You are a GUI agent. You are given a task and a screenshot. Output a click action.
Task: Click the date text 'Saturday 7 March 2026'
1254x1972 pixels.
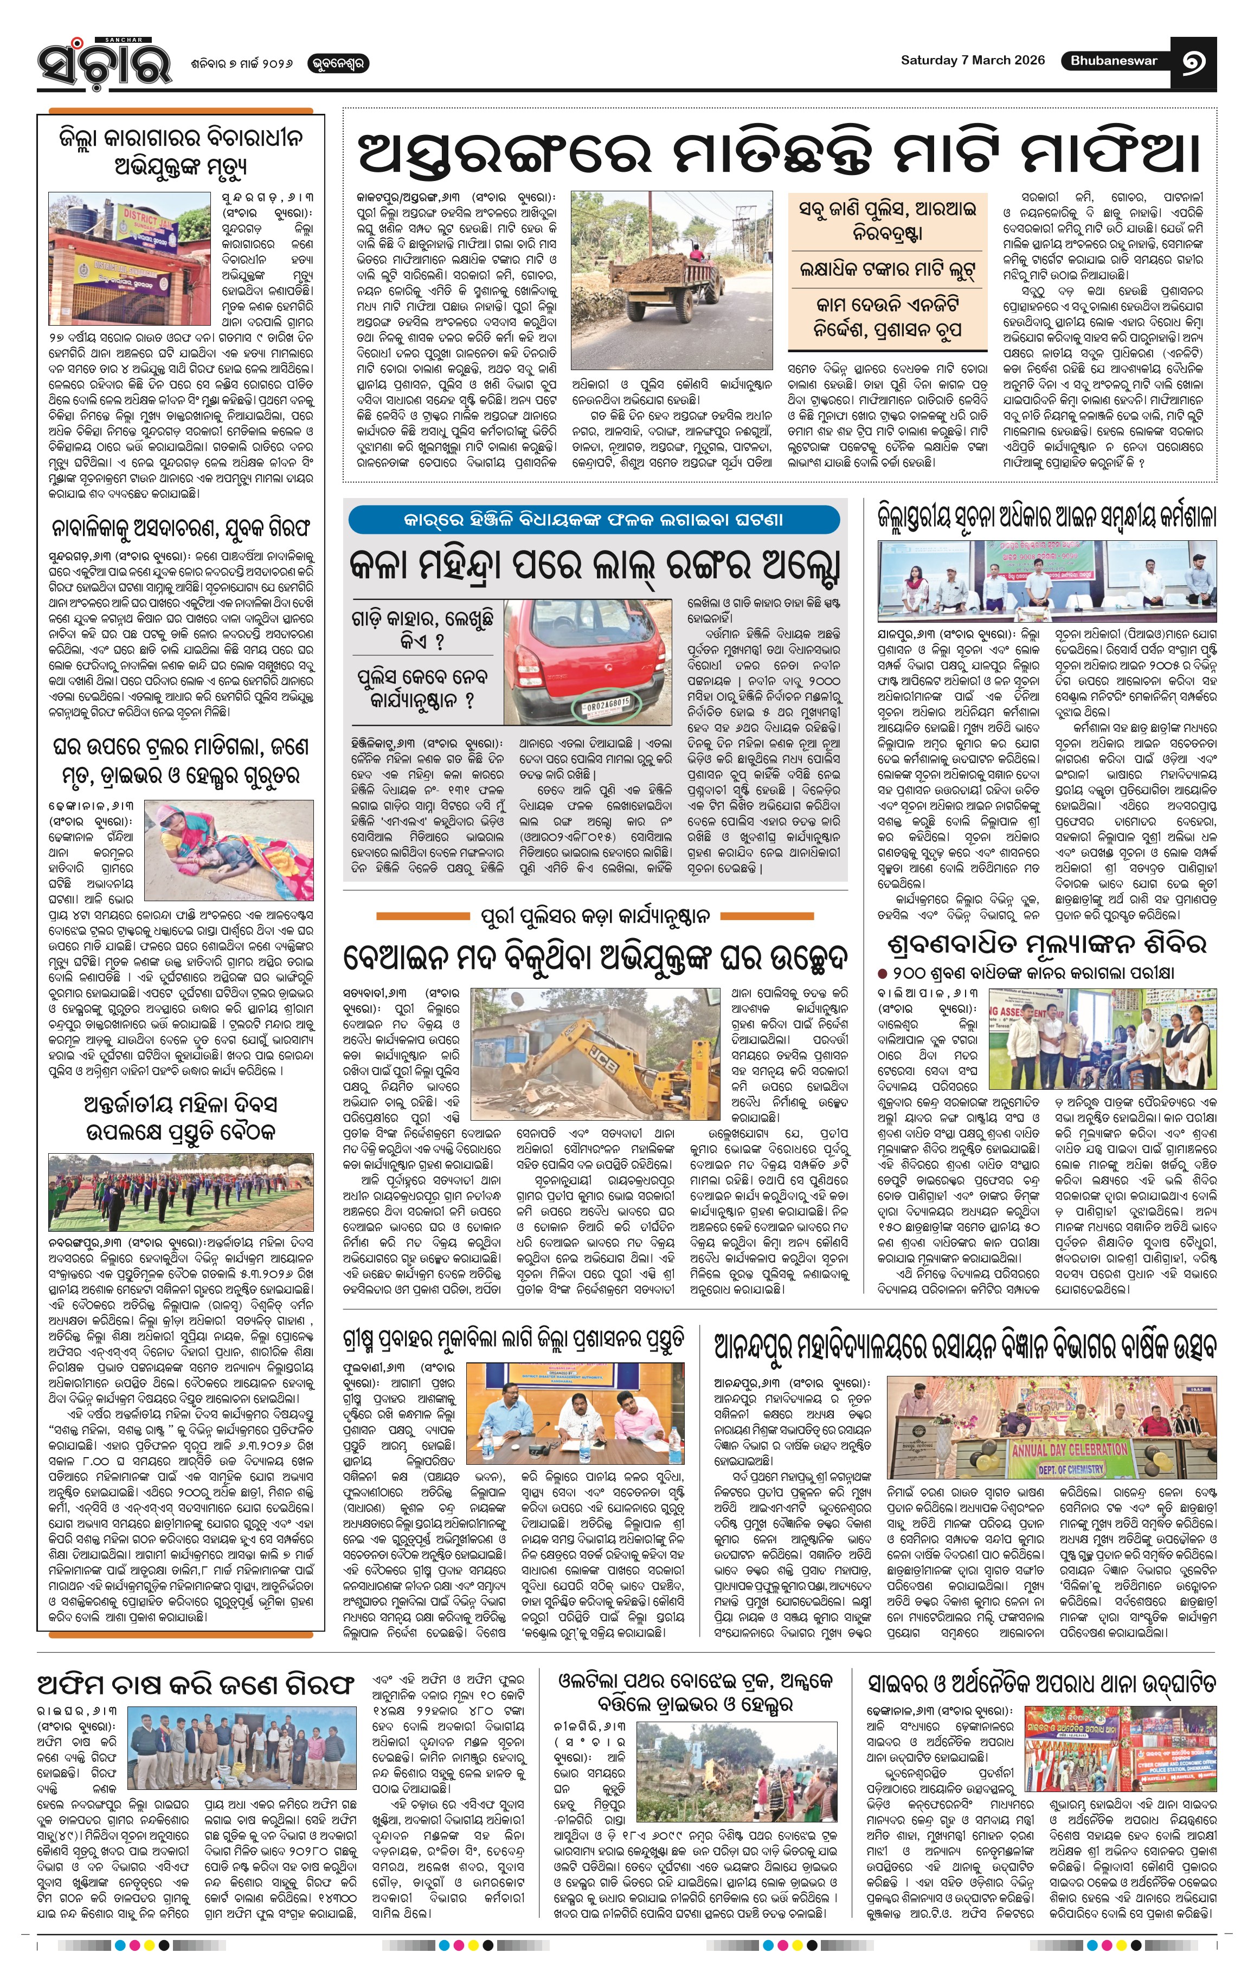click(x=972, y=60)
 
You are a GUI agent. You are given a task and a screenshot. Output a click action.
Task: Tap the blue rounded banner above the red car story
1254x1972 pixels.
click(x=594, y=519)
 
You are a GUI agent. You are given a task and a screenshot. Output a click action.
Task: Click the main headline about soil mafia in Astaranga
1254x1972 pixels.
click(x=778, y=152)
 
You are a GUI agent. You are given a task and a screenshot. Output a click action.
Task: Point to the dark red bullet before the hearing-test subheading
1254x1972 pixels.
click(x=883, y=974)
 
